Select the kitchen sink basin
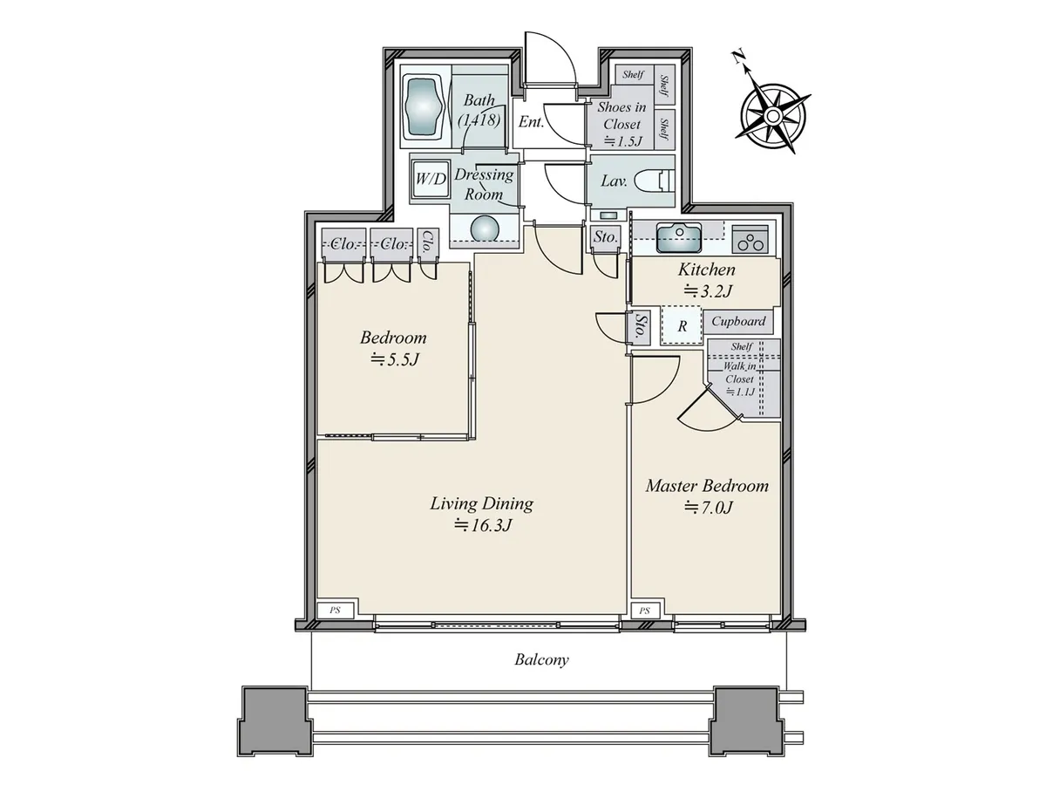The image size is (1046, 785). pos(678,238)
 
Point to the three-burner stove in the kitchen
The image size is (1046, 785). pos(750,239)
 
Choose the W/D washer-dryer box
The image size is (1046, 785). pos(431,179)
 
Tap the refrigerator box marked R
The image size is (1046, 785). pos(682,325)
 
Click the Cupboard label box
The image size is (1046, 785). pos(738,321)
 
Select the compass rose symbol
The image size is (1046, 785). pos(773,115)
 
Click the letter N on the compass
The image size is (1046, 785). pos(738,58)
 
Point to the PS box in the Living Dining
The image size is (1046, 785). pos(335,610)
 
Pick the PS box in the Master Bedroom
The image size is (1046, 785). pos(645,611)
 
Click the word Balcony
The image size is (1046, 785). pos(541,659)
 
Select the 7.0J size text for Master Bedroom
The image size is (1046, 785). pos(708,508)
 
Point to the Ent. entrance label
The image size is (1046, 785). pos(531,122)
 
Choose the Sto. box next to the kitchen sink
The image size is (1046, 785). pos(605,237)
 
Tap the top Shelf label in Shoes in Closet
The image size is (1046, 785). pos(633,74)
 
